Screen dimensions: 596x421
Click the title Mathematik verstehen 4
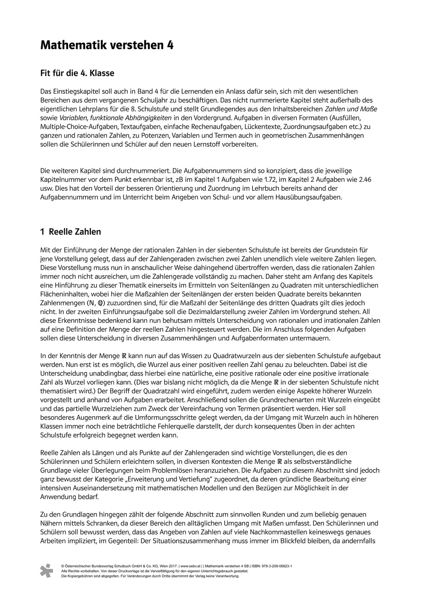click(x=107, y=45)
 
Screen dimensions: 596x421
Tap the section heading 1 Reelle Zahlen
click(x=70, y=232)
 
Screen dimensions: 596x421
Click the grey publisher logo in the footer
click(x=46, y=570)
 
